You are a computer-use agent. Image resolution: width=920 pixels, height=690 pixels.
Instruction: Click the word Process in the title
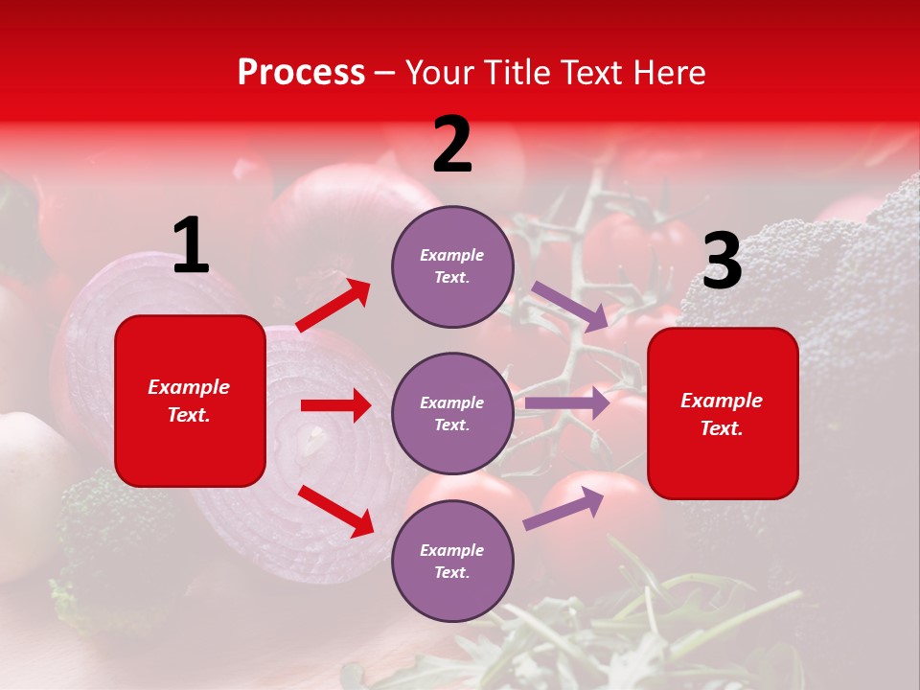(x=301, y=73)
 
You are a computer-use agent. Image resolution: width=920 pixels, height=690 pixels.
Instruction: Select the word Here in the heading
(x=668, y=73)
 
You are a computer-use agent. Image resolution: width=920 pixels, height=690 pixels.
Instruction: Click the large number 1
(x=191, y=246)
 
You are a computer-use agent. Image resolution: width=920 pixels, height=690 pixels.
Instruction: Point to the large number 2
(x=452, y=145)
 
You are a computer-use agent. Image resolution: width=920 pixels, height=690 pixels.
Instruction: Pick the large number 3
(x=722, y=262)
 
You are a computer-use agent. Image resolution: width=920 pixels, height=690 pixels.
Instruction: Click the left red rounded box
(x=190, y=401)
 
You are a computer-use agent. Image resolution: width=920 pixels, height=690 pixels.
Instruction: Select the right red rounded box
(x=723, y=413)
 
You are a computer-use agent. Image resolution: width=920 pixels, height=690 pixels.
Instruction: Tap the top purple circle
(x=452, y=266)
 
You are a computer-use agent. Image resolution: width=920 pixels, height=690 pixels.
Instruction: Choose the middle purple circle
(x=452, y=413)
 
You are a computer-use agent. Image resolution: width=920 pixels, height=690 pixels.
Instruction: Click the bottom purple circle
(x=452, y=561)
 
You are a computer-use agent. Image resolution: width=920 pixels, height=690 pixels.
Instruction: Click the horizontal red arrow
(x=335, y=405)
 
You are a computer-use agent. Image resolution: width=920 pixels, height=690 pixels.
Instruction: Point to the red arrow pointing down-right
(x=335, y=511)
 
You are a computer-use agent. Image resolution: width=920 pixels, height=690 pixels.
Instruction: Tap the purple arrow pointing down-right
(x=570, y=307)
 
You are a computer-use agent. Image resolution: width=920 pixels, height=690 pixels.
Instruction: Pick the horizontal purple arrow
(x=567, y=403)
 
